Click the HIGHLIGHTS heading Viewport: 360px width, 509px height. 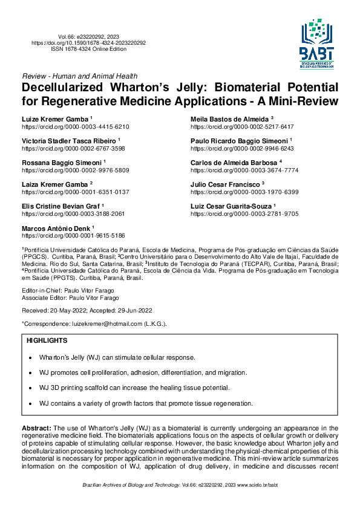[x=47, y=342]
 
